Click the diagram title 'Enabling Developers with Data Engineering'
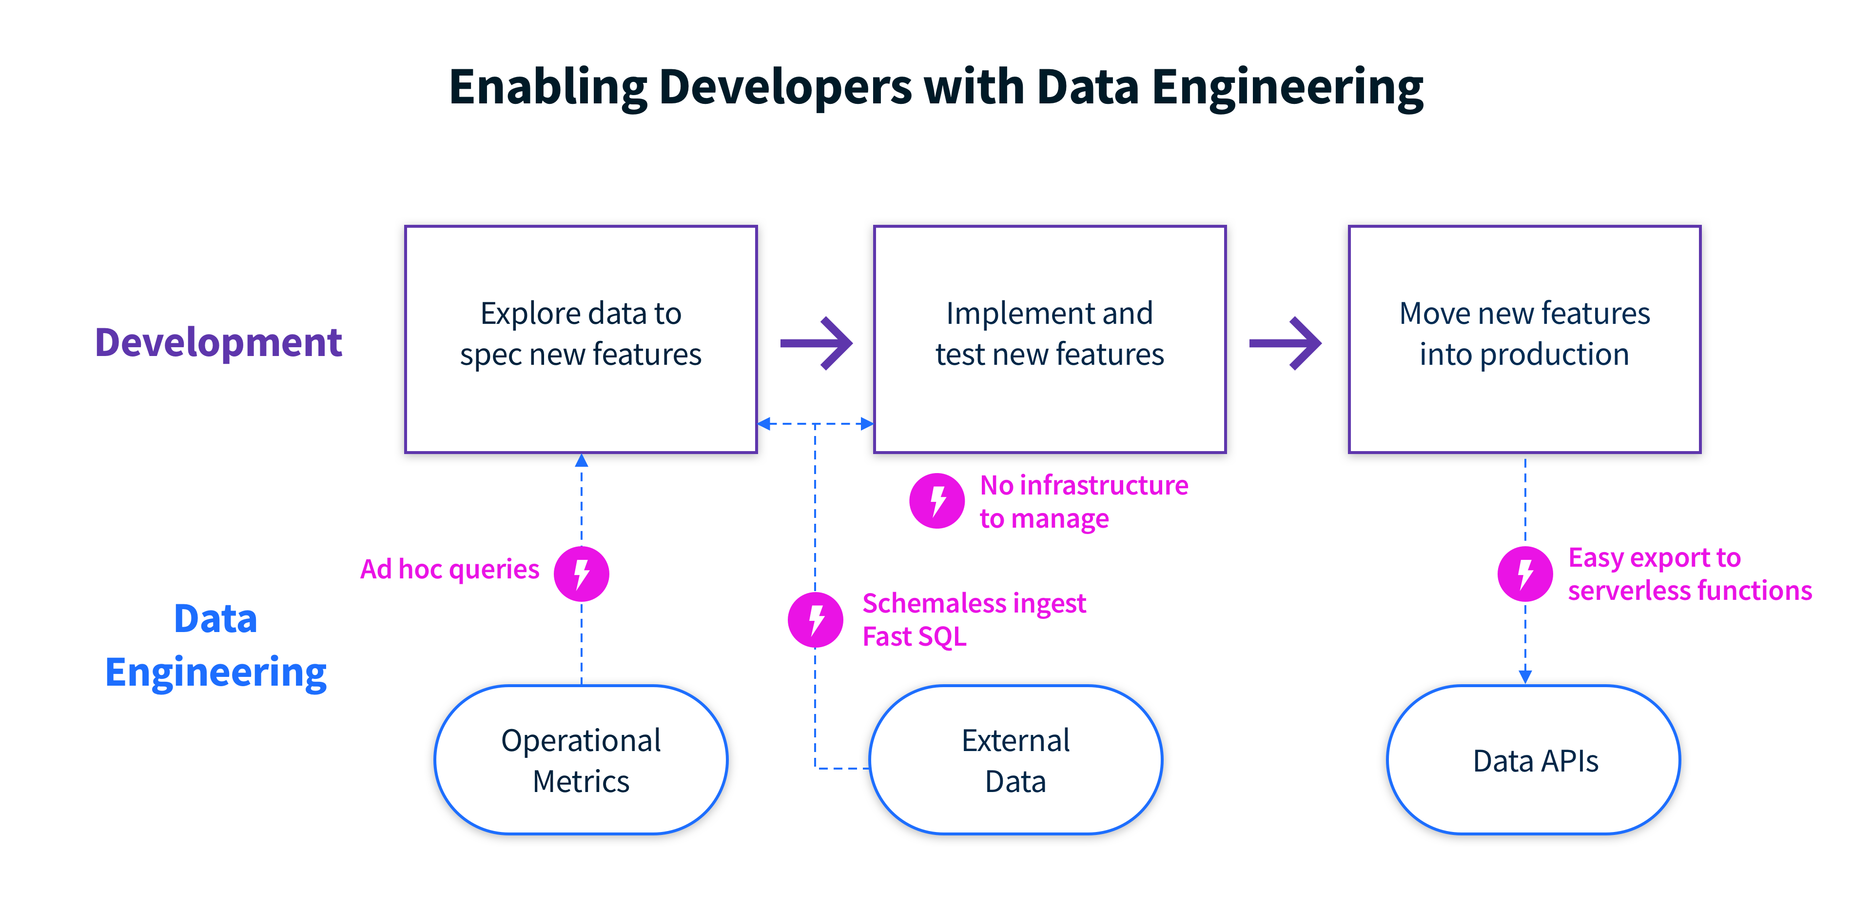pos(936,87)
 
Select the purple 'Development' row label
pos(218,342)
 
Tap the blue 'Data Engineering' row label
pos(216,646)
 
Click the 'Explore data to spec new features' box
pos(581,339)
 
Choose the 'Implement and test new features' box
pos(1050,339)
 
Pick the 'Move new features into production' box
pos(1524,339)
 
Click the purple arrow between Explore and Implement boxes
pos(816,343)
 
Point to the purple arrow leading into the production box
pos(1285,343)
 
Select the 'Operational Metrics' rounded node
pos(581,760)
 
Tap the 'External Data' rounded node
pos(1015,760)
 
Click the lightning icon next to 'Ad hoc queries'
pos(582,574)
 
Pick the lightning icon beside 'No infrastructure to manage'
pos(936,501)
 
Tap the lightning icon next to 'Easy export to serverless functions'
pos(1524,574)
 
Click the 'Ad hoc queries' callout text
pos(450,569)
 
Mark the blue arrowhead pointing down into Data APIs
pos(1524,676)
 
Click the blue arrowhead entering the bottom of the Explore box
pos(582,461)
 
